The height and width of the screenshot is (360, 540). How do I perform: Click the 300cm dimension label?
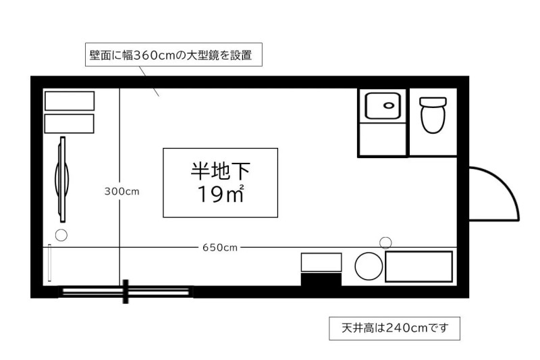pos(122,191)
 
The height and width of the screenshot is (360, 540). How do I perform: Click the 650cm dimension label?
pos(220,248)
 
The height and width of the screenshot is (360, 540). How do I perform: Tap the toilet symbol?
pos(433,115)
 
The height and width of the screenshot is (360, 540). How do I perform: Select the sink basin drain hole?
pos(389,105)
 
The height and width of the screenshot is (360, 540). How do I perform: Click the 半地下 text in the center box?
pos(221,171)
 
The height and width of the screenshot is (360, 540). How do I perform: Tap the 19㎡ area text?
pos(221,194)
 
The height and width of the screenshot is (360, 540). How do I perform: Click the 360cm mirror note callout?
pos(173,55)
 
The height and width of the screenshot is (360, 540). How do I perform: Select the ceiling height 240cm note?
pos(394,328)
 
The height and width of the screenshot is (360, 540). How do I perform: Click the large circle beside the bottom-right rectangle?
pos(369,266)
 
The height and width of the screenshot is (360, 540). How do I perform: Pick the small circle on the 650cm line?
pos(385,242)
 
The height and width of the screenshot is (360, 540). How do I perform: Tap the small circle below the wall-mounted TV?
pos(61,235)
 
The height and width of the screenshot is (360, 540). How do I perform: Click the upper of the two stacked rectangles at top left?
pos(70,101)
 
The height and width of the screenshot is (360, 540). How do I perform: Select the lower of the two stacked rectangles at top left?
pos(70,124)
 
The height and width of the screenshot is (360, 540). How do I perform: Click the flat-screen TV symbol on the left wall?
pos(62,179)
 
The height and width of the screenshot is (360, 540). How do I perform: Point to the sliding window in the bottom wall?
pos(126,292)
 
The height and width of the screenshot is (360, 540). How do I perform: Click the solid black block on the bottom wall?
pos(321,280)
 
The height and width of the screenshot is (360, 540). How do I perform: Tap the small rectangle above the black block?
pos(321,263)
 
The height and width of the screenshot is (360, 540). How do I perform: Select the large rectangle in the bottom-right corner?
pos(418,267)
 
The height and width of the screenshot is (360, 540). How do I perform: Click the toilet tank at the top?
pos(433,102)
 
